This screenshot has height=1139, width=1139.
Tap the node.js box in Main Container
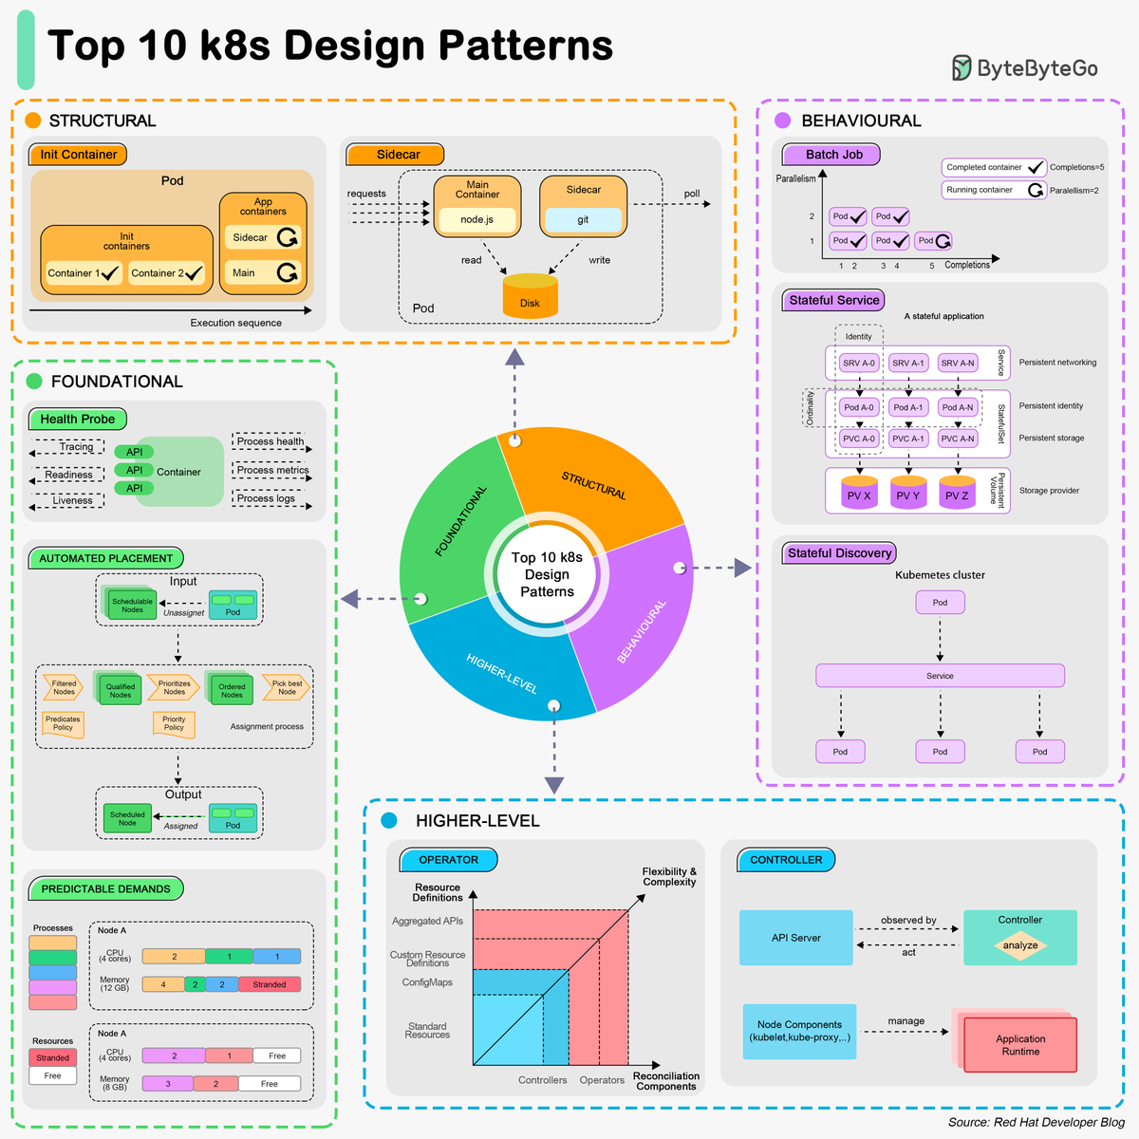click(x=476, y=219)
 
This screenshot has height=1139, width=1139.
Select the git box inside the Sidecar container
click(x=583, y=219)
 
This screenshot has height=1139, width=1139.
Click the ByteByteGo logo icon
click(x=962, y=68)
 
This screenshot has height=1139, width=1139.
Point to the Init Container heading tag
click(x=78, y=155)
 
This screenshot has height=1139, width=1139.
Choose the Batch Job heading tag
click(x=831, y=155)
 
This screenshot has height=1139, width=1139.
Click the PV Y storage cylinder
click(x=908, y=493)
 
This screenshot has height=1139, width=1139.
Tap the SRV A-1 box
click(x=908, y=363)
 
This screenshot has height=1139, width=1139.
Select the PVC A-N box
click(x=957, y=439)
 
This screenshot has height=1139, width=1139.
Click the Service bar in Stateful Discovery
click(x=940, y=676)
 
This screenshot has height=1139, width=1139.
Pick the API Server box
click(x=795, y=938)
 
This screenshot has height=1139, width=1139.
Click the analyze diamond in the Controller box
click(x=1020, y=945)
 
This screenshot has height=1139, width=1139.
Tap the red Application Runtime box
click(x=1020, y=1045)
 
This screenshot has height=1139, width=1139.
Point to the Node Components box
click(x=799, y=1031)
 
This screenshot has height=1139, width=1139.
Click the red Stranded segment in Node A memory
click(x=269, y=984)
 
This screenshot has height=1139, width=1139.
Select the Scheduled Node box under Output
click(x=127, y=818)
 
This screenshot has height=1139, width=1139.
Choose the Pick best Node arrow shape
click(x=286, y=687)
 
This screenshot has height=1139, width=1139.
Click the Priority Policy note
click(x=174, y=724)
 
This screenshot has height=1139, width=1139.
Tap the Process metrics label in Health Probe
click(x=272, y=470)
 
